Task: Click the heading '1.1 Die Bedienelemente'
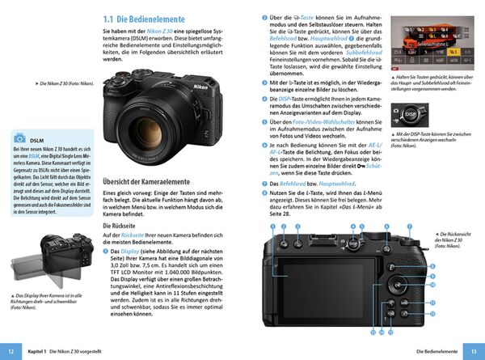point(149,17)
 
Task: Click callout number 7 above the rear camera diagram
point(409,229)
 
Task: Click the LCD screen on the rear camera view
point(310,282)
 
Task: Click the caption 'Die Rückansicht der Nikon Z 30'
point(452,239)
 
